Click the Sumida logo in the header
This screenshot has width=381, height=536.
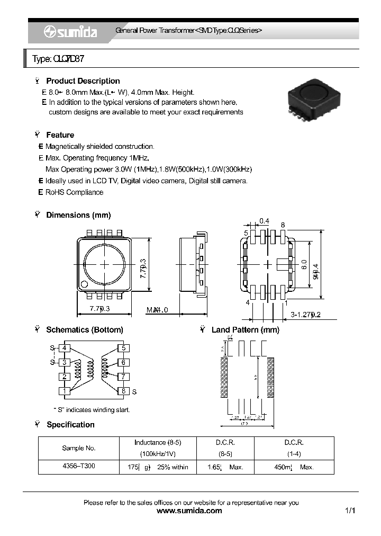(70, 32)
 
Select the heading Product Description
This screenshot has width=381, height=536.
(83, 81)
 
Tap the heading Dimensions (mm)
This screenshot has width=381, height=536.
(78, 215)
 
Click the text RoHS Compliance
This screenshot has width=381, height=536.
(74, 192)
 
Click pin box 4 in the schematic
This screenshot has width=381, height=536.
(64, 348)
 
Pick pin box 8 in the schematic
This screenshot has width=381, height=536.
(123, 391)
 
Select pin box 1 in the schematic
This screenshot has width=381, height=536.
(64, 391)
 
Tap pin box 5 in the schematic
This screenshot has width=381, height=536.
(123, 348)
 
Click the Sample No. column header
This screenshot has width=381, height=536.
(79, 448)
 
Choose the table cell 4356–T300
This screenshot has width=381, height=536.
(79, 467)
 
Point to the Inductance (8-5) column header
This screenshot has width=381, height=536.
(157, 442)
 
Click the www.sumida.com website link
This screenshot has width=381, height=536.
(190, 511)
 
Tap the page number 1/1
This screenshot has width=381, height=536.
(350, 511)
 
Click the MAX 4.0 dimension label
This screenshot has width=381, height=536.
(157, 310)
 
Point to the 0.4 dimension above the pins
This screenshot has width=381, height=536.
(264, 221)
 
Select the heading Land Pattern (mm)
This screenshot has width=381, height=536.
(245, 330)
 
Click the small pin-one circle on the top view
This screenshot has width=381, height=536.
(84, 285)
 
